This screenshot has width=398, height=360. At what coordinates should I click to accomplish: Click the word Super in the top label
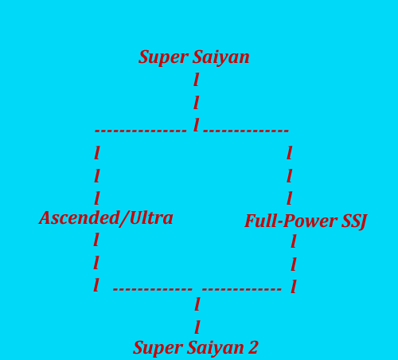coord(162,57)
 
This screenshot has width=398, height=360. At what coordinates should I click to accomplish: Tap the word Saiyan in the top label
coord(221,57)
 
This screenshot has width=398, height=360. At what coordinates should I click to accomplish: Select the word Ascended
coord(79,218)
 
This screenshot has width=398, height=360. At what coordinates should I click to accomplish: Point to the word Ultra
coord(151,218)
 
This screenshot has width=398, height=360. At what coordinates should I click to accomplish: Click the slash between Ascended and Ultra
coord(124,219)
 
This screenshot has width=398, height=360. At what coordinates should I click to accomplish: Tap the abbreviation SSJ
coord(354,221)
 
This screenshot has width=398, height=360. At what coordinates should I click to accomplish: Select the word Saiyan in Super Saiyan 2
coord(216,348)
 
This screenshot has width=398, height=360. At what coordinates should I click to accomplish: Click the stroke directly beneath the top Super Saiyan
coord(197,80)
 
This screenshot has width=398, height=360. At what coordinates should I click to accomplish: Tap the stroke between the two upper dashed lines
coord(197,125)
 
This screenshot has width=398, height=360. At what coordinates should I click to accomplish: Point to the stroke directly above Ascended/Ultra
coord(97,198)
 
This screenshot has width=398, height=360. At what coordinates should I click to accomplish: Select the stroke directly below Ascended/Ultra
coord(96,240)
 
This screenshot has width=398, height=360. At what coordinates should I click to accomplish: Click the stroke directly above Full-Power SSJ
coord(290,198)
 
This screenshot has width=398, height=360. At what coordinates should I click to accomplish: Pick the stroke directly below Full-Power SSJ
coord(294,241)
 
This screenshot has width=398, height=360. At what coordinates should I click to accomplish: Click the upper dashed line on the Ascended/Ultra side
coord(141,131)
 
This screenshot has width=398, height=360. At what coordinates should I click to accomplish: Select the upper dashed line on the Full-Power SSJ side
coord(246,131)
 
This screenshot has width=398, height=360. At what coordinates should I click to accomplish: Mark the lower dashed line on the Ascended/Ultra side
coord(153,289)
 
